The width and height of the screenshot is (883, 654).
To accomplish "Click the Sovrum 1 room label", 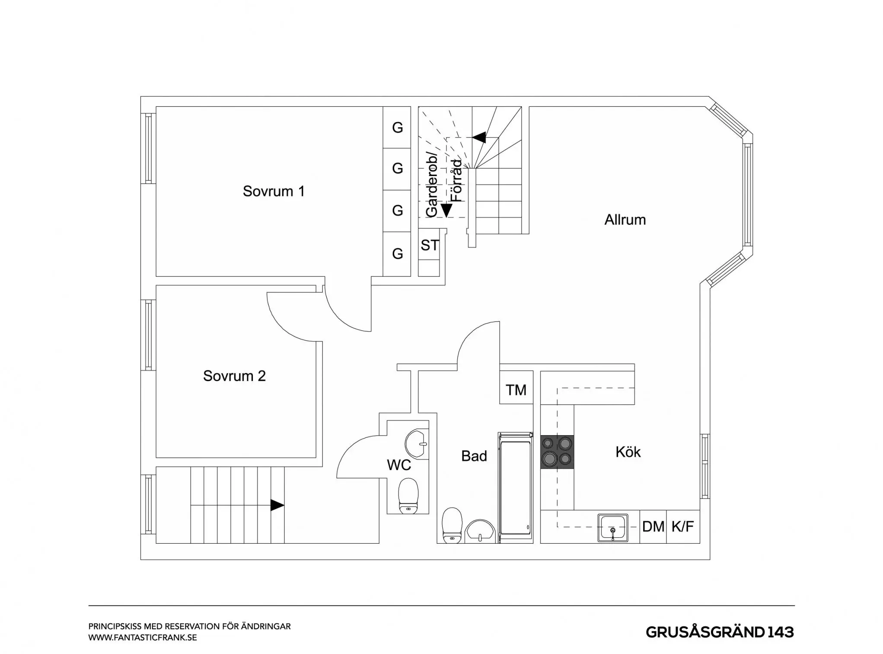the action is pyautogui.click(x=274, y=191).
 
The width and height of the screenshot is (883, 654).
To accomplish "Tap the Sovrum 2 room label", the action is pyautogui.click(x=234, y=376).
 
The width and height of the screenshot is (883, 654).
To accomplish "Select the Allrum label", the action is pyautogui.click(x=625, y=220).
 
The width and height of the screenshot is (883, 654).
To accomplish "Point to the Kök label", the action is pyautogui.click(x=628, y=452).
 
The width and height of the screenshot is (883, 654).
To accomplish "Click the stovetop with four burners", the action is pyautogui.click(x=557, y=452).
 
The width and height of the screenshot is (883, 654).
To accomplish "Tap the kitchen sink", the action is pyautogui.click(x=613, y=528).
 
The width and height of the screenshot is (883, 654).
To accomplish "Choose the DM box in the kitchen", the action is pyautogui.click(x=653, y=526).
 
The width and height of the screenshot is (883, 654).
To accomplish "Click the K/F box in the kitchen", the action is pyautogui.click(x=683, y=526).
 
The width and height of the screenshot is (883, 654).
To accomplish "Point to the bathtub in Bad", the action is pyautogui.click(x=515, y=487).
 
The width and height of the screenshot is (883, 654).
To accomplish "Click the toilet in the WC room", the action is pyautogui.click(x=408, y=496).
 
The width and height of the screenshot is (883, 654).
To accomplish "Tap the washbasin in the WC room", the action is pyautogui.click(x=417, y=444).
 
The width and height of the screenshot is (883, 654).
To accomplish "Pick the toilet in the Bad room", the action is pyautogui.click(x=452, y=525).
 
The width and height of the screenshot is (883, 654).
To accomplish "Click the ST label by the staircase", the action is pyautogui.click(x=430, y=245).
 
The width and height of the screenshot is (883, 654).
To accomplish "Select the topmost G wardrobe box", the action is pyautogui.click(x=397, y=128).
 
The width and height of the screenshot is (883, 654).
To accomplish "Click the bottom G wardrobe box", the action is pyautogui.click(x=397, y=254).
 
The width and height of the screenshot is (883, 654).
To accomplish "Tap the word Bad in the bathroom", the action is pyautogui.click(x=474, y=456).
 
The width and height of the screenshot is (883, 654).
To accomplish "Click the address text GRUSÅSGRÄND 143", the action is pyautogui.click(x=720, y=632).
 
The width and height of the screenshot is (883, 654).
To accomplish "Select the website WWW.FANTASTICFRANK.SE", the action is pyautogui.click(x=143, y=638).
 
